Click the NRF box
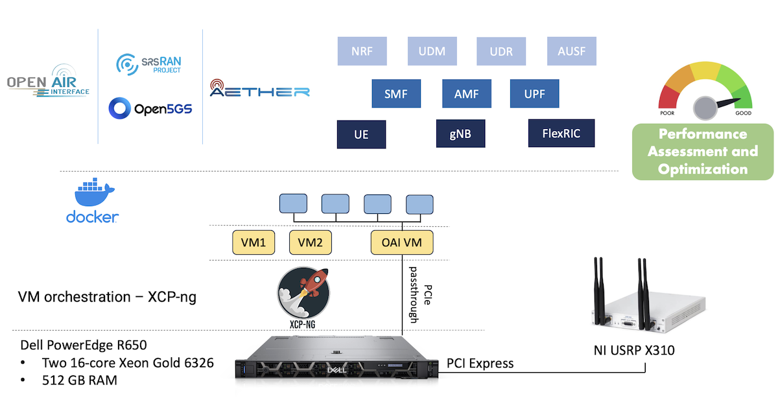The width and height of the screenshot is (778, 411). pyautogui.click(x=362, y=51)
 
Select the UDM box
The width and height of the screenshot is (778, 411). pyautogui.click(x=432, y=51)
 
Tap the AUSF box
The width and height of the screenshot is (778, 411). pyautogui.click(x=571, y=51)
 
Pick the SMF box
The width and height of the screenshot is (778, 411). pyautogui.click(x=395, y=93)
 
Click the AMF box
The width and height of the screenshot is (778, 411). pyautogui.click(x=467, y=93)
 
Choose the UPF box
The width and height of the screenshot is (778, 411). pyautogui.click(x=534, y=93)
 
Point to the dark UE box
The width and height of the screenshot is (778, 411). pyautogui.click(x=361, y=134)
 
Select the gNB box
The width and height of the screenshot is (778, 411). pyautogui.click(x=460, y=134)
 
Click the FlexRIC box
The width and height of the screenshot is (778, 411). pyautogui.click(x=561, y=134)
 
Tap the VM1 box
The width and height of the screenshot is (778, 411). pyautogui.click(x=253, y=243)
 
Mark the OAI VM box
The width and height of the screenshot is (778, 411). pyautogui.click(x=402, y=243)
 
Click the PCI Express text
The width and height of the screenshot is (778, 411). pyautogui.click(x=480, y=364)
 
